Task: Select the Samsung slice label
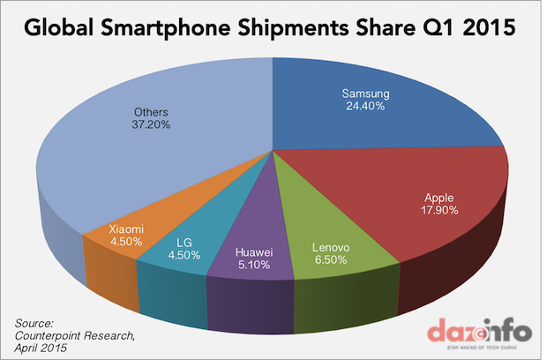tap(365, 94)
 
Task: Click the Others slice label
tap(146, 112)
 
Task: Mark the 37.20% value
tap(146, 125)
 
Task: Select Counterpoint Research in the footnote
tap(70, 335)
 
